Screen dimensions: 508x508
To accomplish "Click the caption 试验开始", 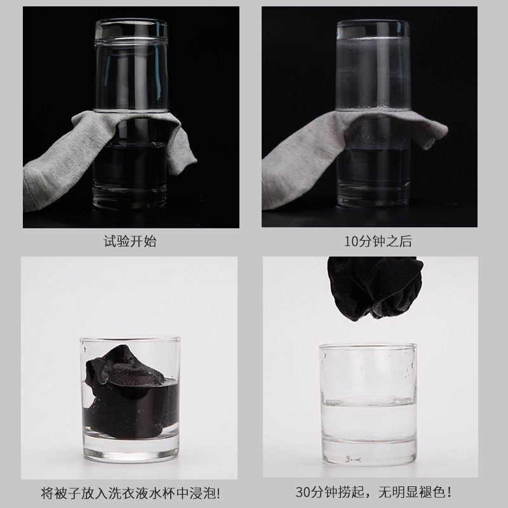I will pos(130,241).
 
